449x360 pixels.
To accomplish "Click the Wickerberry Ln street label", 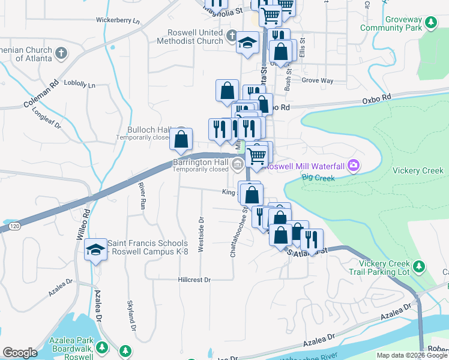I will click(x=118, y=20).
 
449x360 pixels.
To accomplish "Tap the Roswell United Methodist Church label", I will click(x=190, y=37).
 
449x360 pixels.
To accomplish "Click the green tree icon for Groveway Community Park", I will click(x=430, y=23).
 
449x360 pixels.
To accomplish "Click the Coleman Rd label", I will click(x=40, y=94).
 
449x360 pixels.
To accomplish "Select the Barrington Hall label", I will click(x=200, y=161).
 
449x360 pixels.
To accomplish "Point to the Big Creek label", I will click(x=316, y=177).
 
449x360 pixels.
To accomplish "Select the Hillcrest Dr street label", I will click(x=194, y=280).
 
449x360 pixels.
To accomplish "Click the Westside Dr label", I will click(x=201, y=235).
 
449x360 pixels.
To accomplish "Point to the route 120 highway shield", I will click(x=14, y=226).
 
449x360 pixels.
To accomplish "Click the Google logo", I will click(x=19, y=353).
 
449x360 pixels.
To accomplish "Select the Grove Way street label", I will click(x=317, y=80).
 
